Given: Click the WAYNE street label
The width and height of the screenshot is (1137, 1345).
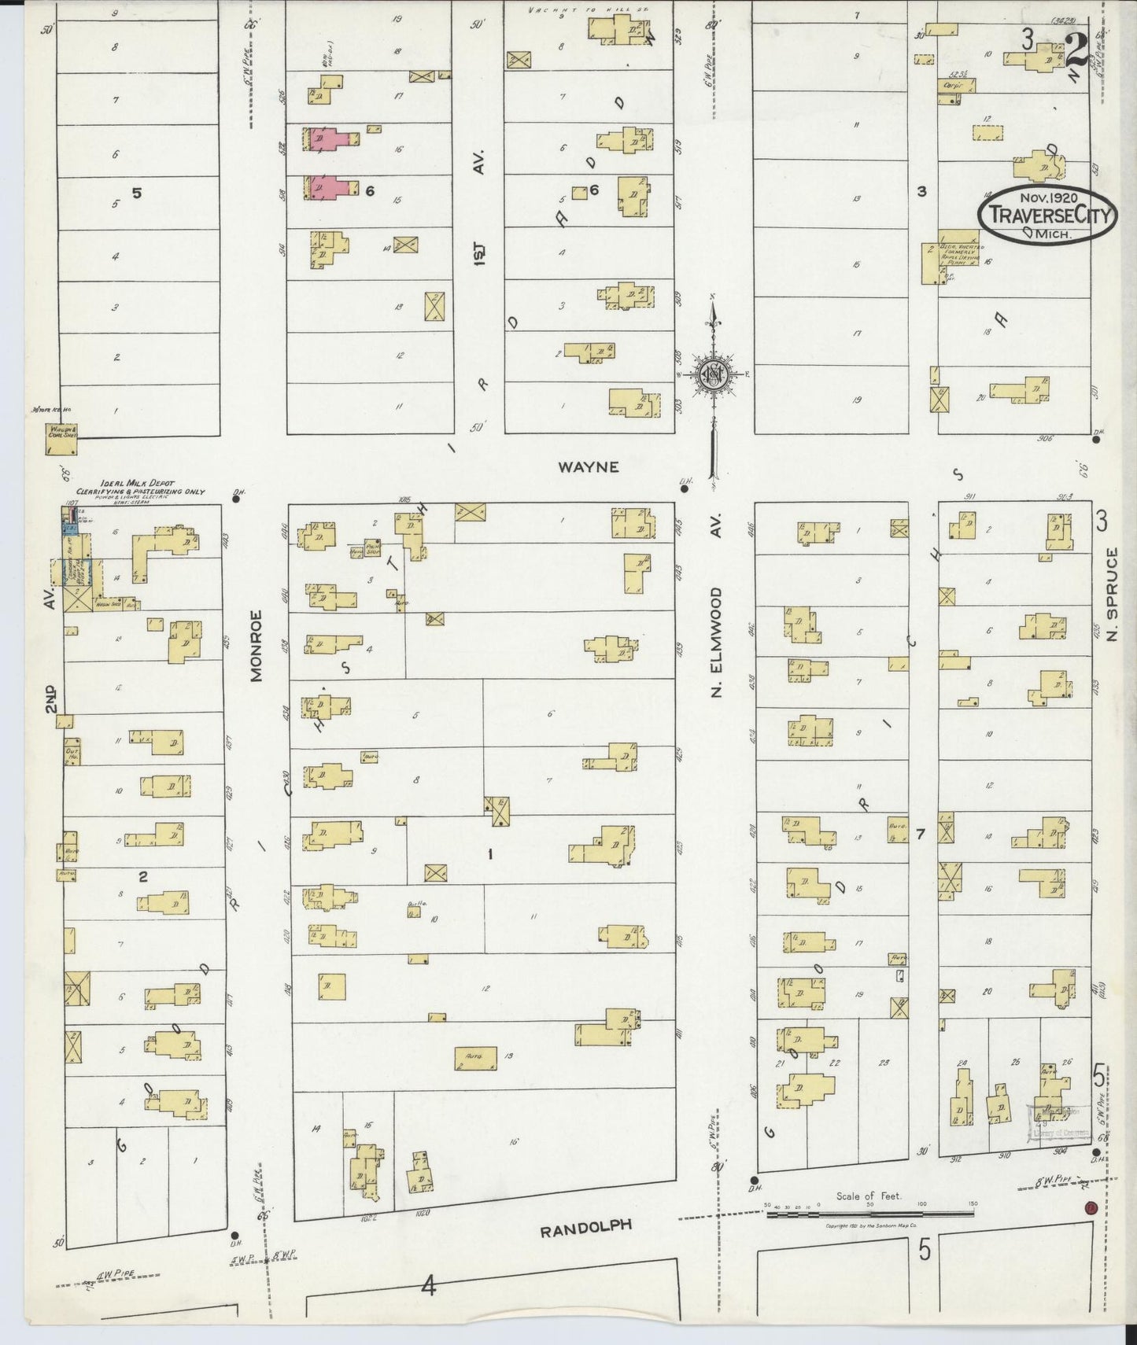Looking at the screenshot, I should pos(588,467).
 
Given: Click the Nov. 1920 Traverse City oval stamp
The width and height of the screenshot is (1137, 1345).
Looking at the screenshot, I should pos(1047,215).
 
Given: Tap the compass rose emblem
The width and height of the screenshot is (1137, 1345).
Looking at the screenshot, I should pos(712,374).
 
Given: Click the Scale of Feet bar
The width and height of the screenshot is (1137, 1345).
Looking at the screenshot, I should pos(869,1215).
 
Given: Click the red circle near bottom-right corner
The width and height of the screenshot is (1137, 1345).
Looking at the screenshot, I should pos(1090,1208).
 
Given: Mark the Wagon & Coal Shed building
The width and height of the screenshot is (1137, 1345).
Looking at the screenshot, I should pos(60,439).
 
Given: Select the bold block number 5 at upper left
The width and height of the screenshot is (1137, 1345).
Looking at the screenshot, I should pos(136,192).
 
